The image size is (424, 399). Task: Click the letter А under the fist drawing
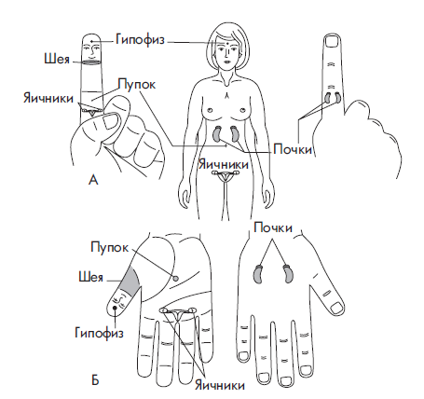pyautogui.click(x=93, y=180)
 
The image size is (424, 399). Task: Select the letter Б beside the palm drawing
pyautogui.click(x=95, y=380)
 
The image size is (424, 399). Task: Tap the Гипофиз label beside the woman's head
pyautogui.click(x=140, y=40)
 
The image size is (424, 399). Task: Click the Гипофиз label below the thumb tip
pyautogui.click(x=99, y=333)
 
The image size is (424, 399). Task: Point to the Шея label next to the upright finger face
pyautogui.click(x=57, y=59)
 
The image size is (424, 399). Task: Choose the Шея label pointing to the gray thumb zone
pyautogui.click(x=90, y=277)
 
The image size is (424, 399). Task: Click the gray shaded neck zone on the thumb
pyautogui.click(x=131, y=281)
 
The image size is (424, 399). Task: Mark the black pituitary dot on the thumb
pyautogui.click(x=115, y=308)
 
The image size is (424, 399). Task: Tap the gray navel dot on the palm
pyautogui.click(x=175, y=278)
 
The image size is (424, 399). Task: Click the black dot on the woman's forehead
pyautogui.click(x=227, y=44)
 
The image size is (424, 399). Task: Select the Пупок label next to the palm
pyautogui.click(x=109, y=248)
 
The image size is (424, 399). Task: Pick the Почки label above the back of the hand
pyautogui.click(x=273, y=227)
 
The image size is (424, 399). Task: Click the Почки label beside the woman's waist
pyautogui.click(x=293, y=149)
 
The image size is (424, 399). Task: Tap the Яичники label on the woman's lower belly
pyautogui.click(x=224, y=164)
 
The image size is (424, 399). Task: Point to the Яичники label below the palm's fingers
pyautogui.click(x=220, y=386)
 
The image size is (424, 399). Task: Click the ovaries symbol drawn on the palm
pyautogui.click(x=178, y=314)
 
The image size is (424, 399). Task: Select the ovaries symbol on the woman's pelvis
pyautogui.click(x=225, y=175)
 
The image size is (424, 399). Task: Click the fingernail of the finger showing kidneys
pyautogui.click(x=332, y=41)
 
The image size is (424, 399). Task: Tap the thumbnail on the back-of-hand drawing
pyautogui.click(x=336, y=308)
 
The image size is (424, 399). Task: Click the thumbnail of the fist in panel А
pyautogui.click(x=110, y=121)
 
